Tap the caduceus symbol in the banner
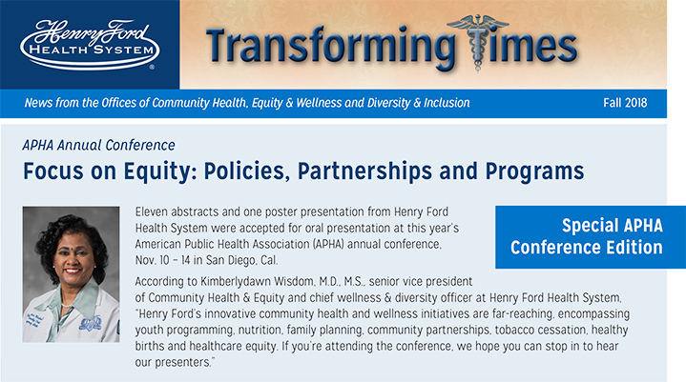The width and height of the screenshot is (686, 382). coord(491,38)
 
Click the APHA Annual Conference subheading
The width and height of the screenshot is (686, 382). coord(98,146)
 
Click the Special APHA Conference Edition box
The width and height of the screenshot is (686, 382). coord(586,236)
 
